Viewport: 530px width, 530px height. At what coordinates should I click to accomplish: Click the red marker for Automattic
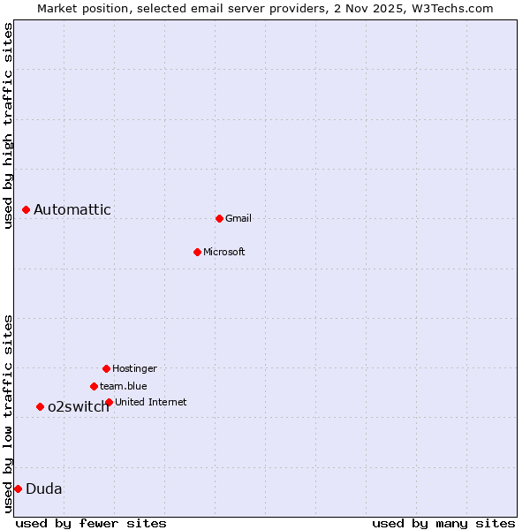26,209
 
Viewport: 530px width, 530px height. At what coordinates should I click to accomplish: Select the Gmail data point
219,218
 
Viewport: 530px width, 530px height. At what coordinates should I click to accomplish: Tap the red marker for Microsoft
197,252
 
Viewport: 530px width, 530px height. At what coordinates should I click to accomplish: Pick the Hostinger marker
106,368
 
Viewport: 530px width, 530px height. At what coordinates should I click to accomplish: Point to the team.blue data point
94,386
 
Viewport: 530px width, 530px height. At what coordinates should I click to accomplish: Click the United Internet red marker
109,402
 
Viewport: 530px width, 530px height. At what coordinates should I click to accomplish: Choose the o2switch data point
40,406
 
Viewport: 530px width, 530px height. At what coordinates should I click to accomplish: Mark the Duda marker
18,488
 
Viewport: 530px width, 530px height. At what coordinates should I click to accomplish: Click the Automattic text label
72,209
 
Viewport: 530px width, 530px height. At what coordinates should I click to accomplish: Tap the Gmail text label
238,218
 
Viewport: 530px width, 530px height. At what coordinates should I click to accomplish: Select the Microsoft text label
224,252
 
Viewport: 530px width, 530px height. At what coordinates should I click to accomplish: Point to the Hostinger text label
134,368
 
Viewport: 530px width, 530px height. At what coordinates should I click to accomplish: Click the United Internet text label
151,402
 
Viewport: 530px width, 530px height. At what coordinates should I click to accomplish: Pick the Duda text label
44,488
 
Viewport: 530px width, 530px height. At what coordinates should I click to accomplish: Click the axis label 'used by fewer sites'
91,523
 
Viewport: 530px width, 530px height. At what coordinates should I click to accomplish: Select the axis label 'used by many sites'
443,523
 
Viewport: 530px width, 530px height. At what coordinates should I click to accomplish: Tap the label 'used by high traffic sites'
9,125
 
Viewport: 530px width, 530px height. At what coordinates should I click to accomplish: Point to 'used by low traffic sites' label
9,413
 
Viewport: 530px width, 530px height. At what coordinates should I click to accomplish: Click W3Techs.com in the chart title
449,9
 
